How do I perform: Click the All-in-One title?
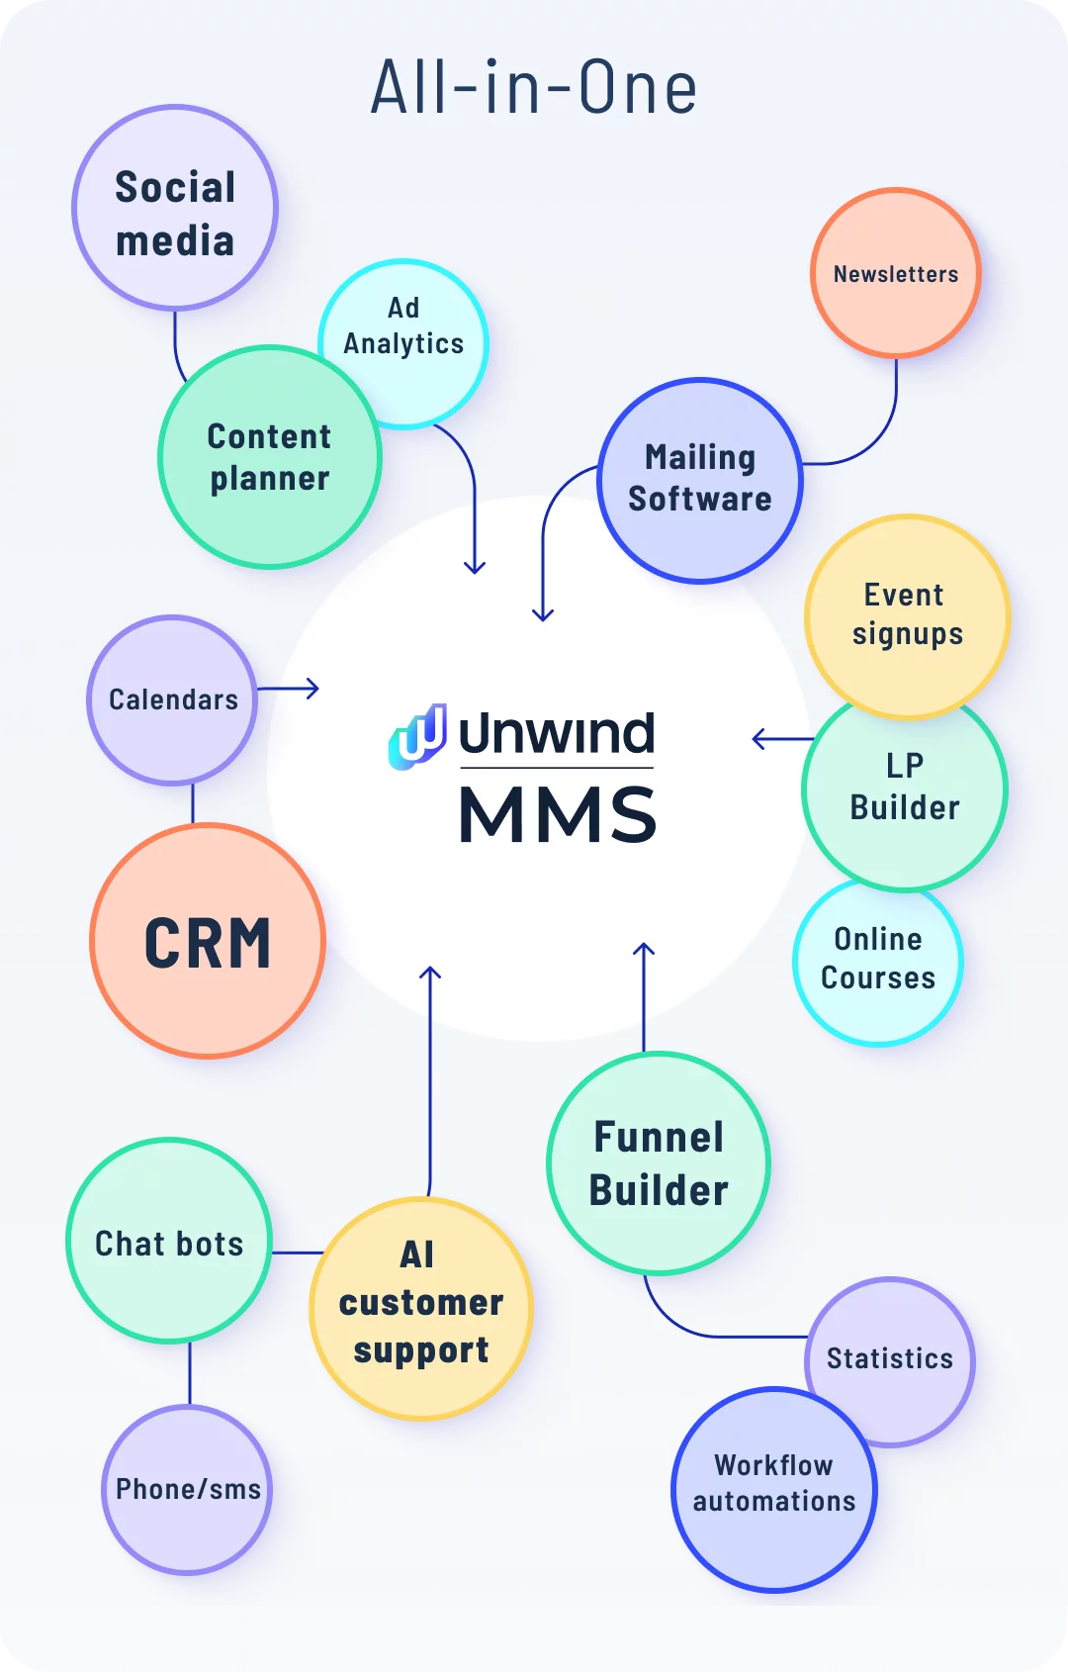click(x=534, y=88)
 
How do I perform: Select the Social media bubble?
click(x=175, y=209)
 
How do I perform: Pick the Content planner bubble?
click(x=269, y=458)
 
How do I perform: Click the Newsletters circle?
click(x=896, y=274)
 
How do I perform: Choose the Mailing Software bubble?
click(x=700, y=480)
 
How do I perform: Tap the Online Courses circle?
click(x=878, y=960)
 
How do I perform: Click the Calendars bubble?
click(x=173, y=700)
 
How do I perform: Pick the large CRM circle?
click(x=208, y=942)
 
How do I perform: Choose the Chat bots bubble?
click(x=169, y=1243)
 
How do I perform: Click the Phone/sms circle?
click(x=188, y=1489)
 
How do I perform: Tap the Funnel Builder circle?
click(x=659, y=1164)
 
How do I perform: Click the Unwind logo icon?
click(x=418, y=737)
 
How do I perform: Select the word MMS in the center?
click(x=558, y=816)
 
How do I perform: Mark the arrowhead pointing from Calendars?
click(x=313, y=689)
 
